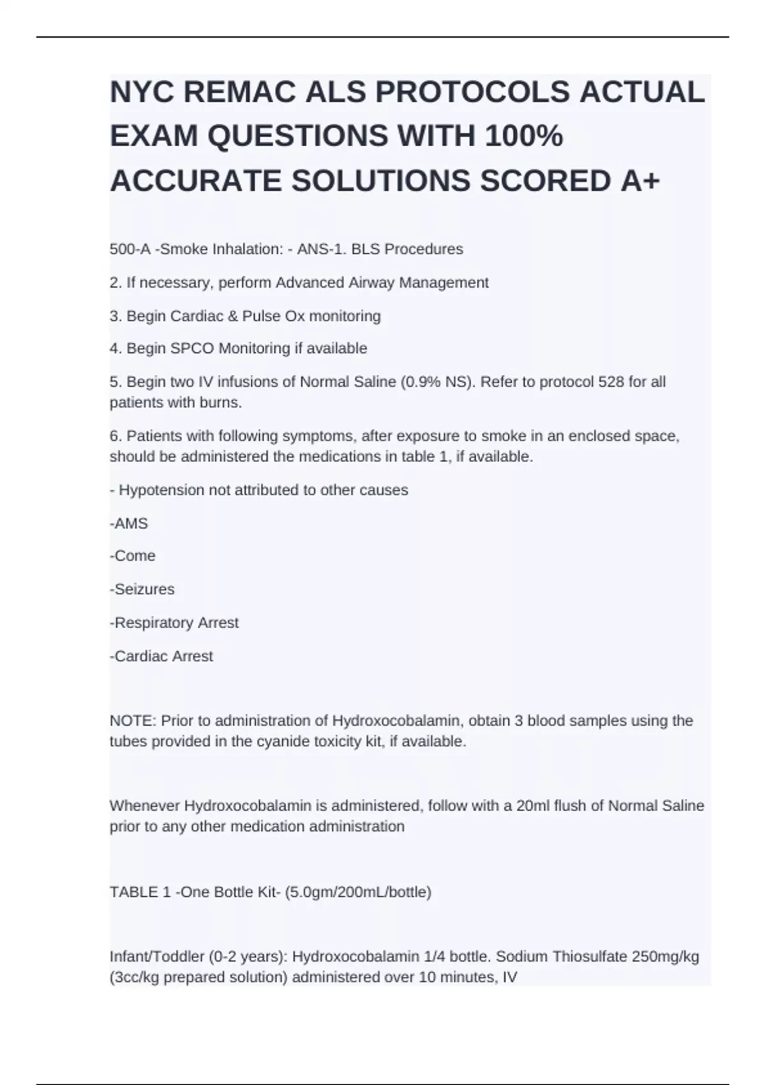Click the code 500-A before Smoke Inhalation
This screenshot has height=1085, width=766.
click(x=130, y=249)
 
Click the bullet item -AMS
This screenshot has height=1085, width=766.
click(x=129, y=523)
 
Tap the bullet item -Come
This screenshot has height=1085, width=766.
click(x=133, y=556)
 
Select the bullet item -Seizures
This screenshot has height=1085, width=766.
click(x=142, y=589)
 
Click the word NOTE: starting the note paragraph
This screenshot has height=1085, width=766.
click(x=133, y=721)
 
